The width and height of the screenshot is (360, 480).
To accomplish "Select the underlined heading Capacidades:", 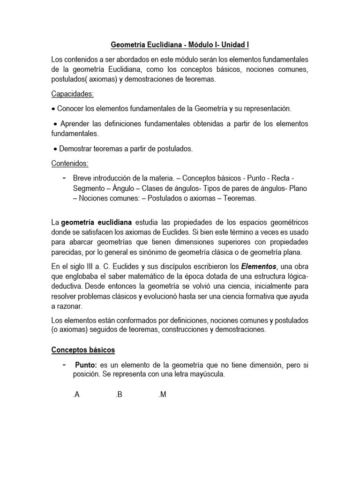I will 73,94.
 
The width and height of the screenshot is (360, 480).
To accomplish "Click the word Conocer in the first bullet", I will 70,109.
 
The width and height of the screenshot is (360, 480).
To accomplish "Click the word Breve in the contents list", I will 82,179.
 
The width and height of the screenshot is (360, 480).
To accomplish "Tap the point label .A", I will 76,395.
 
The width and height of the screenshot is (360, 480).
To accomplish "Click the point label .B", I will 119,395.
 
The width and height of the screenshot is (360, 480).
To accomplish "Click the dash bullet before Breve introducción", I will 63,179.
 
